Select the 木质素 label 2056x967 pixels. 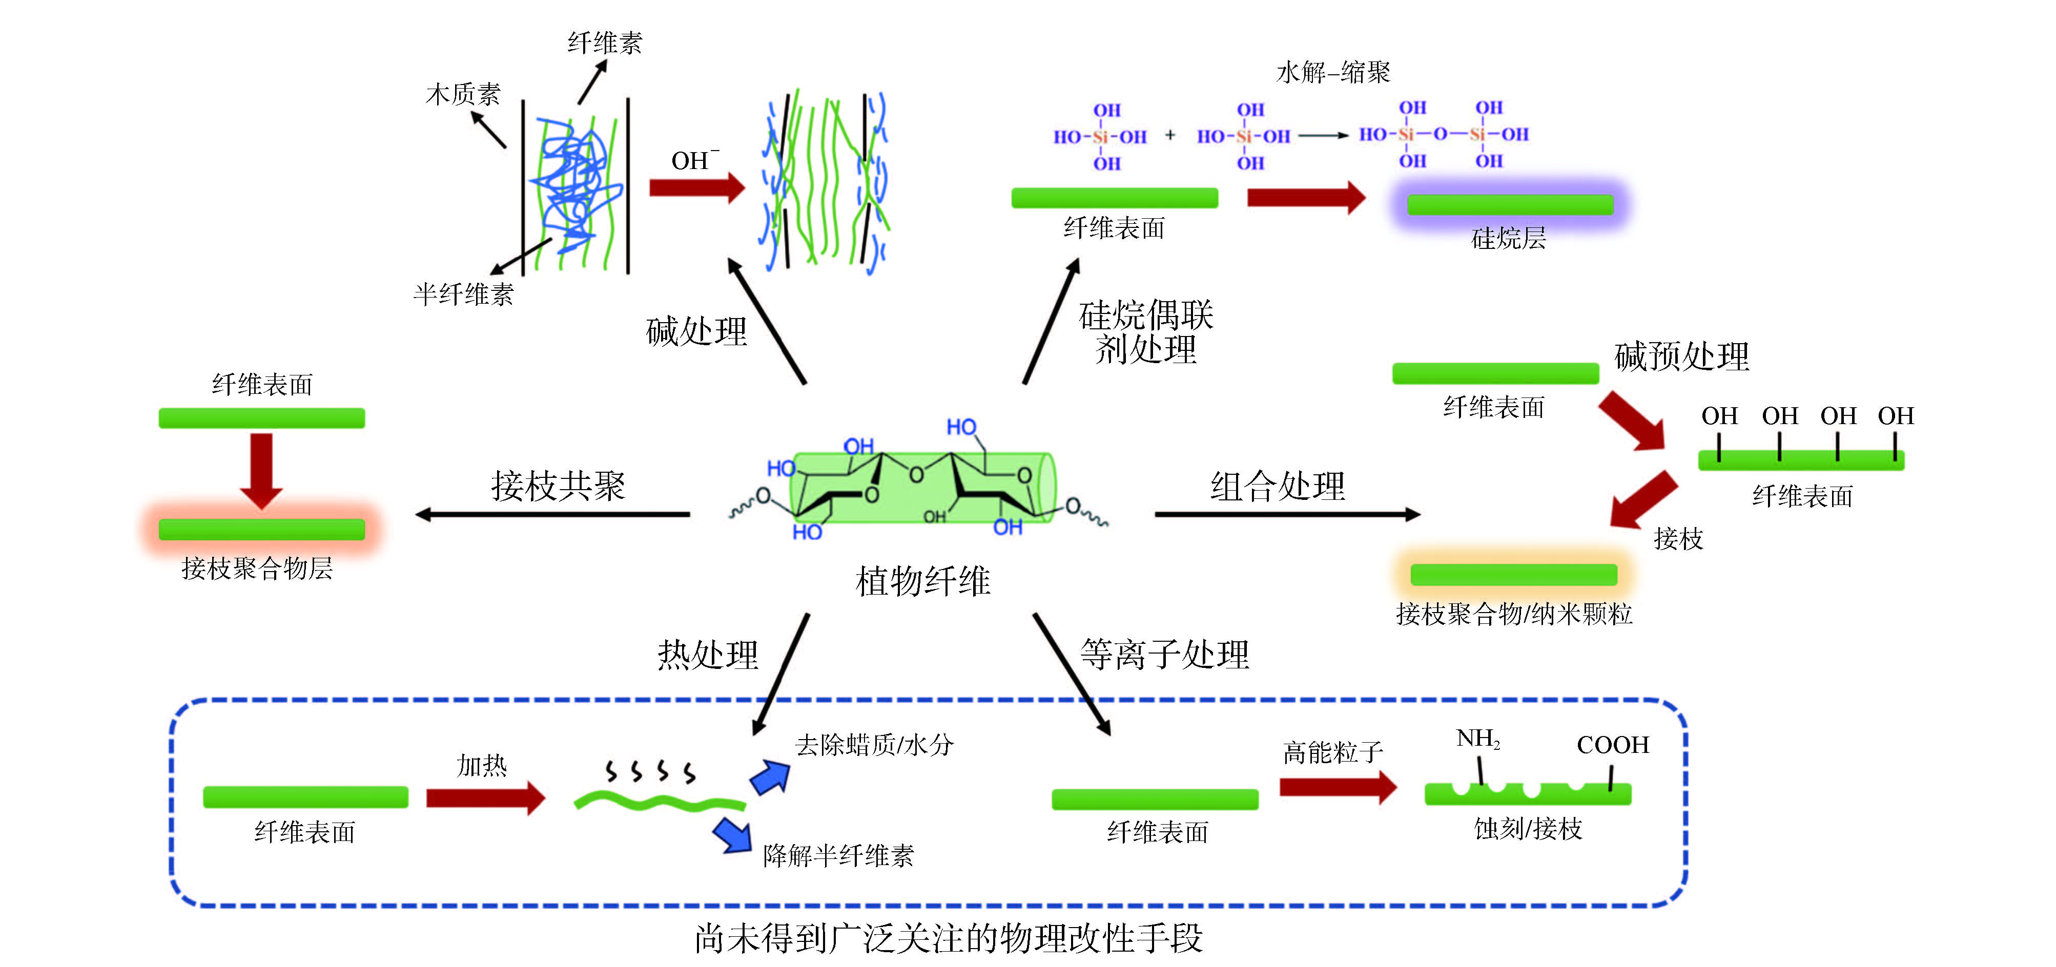coord(463,94)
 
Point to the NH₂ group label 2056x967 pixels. coord(1477,739)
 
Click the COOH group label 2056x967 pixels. coord(1612,744)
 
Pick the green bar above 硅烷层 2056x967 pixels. coord(1510,205)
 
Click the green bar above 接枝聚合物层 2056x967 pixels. coord(262,530)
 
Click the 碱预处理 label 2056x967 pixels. coord(1681,356)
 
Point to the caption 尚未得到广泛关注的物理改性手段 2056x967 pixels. coord(948,938)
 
